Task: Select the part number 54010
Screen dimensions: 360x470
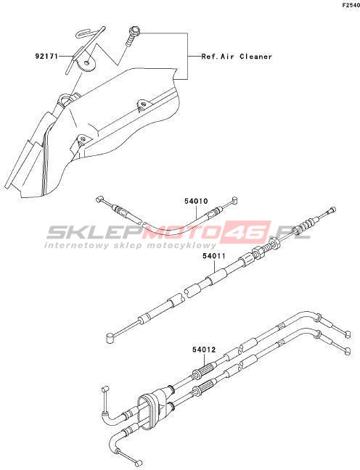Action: pyautogui.click(x=196, y=201)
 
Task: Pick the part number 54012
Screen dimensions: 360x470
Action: pyautogui.click(x=204, y=350)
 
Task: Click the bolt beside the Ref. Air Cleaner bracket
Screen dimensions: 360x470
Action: pyautogui.click(x=132, y=36)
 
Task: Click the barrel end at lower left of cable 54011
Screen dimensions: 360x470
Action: pyautogui.click(x=110, y=337)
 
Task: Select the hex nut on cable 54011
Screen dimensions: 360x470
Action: pyautogui.click(x=258, y=250)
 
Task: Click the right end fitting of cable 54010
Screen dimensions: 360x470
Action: pyautogui.click(x=234, y=200)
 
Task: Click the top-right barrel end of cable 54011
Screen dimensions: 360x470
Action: pyautogui.click(x=332, y=210)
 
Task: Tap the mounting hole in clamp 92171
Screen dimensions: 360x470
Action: pyautogui.click(x=86, y=63)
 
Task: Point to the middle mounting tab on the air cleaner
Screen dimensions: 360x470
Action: pyautogui.click(x=143, y=104)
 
